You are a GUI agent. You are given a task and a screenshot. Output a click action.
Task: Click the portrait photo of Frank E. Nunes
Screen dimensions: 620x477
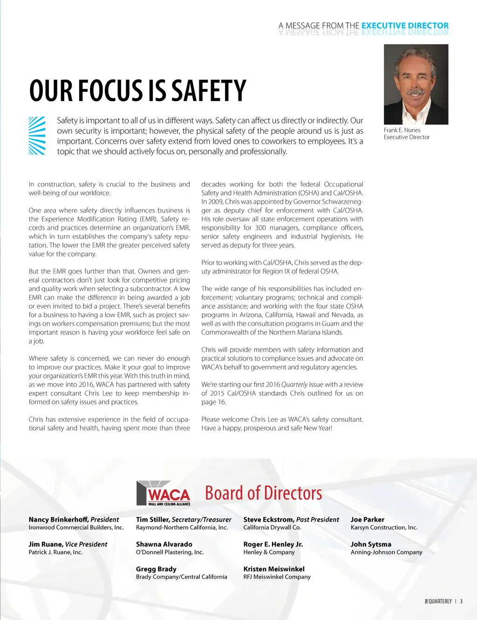pyautogui.click(x=416, y=84)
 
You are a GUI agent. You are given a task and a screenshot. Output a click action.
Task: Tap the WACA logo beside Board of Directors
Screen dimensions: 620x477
pyautogui.click(x=164, y=493)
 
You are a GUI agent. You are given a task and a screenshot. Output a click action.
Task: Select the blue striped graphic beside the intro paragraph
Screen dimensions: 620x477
pyautogui.click(x=37, y=136)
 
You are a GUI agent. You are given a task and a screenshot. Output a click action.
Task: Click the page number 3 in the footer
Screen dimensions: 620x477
pyautogui.click(x=461, y=601)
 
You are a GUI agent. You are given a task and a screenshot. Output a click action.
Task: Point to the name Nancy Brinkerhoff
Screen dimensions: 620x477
pyautogui.click(x=58, y=519)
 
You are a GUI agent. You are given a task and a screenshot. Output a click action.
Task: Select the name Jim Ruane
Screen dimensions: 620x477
pyautogui.click(x=45, y=544)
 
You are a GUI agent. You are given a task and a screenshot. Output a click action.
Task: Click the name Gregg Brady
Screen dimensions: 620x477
pyautogui.click(x=156, y=569)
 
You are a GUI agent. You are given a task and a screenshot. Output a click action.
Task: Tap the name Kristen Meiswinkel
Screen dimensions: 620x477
pyautogui.click(x=274, y=569)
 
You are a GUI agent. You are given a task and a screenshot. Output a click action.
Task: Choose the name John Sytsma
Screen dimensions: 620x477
pyautogui.click(x=371, y=544)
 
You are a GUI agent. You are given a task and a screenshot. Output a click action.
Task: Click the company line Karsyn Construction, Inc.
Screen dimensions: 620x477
pyautogui.click(x=384, y=527)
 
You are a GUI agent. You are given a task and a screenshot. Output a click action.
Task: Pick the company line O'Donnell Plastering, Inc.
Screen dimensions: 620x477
pyautogui.click(x=170, y=552)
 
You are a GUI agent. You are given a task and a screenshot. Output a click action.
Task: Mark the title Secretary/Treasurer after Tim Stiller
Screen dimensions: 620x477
pyautogui.click(x=201, y=519)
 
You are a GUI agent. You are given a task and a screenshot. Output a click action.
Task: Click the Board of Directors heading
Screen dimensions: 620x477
pyautogui.click(x=264, y=493)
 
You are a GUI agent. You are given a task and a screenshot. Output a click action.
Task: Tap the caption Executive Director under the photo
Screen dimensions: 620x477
pyautogui.click(x=406, y=137)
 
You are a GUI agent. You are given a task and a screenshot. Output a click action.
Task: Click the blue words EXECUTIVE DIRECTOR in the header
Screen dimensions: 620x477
pyautogui.click(x=405, y=26)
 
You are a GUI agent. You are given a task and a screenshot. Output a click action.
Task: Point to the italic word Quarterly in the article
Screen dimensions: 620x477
pyautogui.click(x=294, y=385)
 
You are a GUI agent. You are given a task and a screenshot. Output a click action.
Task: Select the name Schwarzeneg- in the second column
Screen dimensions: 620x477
pyautogui.click(x=340, y=201)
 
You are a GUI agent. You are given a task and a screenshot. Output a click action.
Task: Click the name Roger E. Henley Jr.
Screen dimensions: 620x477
pyautogui.click(x=273, y=544)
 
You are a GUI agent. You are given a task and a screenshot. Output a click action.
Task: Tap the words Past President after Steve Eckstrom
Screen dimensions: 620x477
pyautogui.click(x=318, y=519)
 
